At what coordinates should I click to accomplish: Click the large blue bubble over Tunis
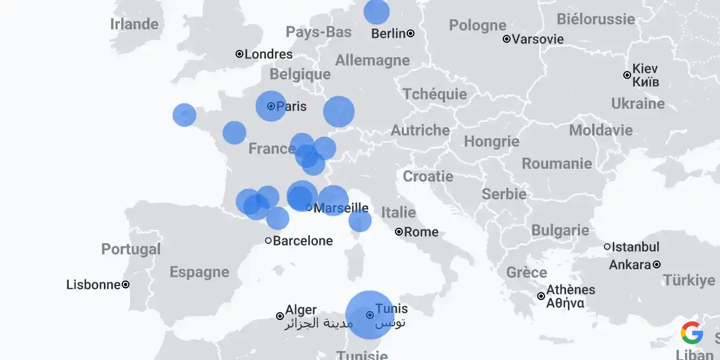(x=369, y=314)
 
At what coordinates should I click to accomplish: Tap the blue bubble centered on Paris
(x=271, y=106)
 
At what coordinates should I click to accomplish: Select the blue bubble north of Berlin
(x=377, y=12)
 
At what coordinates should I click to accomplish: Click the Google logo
(x=692, y=333)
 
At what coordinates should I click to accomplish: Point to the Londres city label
(x=269, y=54)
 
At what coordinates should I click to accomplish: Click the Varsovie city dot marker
(x=507, y=39)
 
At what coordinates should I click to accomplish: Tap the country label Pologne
(x=477, y=26)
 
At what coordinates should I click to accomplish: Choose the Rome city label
(x=421, y=232)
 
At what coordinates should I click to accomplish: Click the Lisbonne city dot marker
(x=126, y=284)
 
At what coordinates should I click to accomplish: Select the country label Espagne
(x=199, y=272)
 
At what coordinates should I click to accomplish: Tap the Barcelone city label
(x=303, y=241)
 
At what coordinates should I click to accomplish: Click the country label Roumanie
(x=557, y=164)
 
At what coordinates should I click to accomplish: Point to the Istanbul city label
(x=636, y=247)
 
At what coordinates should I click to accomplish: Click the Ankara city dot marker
(x=657, y=264)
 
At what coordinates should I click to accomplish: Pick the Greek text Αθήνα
(x=565, y=303)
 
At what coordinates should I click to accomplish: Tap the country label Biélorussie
(x=596, y=19)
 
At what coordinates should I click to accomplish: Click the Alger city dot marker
(x=280, y=316)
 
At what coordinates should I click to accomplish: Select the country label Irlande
(x=134, y=24)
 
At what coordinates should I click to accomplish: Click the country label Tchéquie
(x=434, y=94)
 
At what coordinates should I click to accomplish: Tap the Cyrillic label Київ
(x=646, y=82)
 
